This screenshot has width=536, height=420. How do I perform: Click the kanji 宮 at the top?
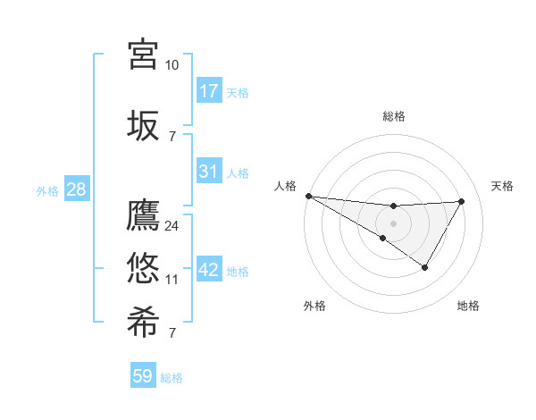click(x=144, y=54)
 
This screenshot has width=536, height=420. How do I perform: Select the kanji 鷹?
click(x=144, y=217)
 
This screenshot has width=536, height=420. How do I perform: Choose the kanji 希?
click(x=144, y=323)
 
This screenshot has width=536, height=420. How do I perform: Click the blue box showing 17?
click(x=209, y=90)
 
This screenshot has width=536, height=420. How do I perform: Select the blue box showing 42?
click(x=209, y=270)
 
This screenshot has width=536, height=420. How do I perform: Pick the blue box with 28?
click(x=76, y=189)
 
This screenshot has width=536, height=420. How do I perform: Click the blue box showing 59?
click(x=143, y=376)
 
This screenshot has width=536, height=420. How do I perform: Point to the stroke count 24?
click(x=172, y=226)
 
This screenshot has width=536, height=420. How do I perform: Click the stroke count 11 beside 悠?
click(x=172, y=280)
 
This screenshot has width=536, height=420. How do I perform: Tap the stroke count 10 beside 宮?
click(x=172, y=64)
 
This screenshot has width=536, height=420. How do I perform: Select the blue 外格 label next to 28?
click(x=47, y=190)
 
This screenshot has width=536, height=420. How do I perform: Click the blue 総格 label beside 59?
click(x=172, y=378)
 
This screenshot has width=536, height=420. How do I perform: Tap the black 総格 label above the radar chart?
click(x=394, y=116)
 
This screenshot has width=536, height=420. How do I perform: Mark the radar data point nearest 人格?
click(x=308, y=196)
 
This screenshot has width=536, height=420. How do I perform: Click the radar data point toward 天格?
click(x=462, y=201)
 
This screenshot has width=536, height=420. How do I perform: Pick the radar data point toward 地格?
click(x=425, y=267)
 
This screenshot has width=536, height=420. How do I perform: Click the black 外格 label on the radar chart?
click(x=314, y=306)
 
